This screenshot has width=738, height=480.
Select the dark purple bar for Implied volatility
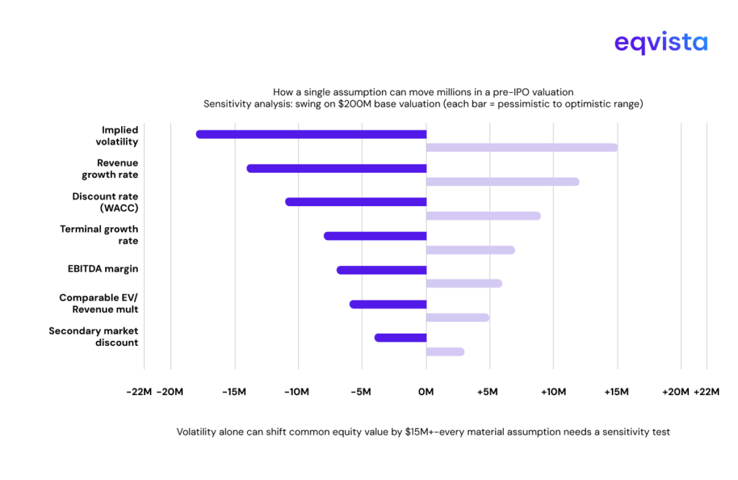click(311, 134)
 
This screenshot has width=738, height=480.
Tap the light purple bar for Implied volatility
click(522, 148)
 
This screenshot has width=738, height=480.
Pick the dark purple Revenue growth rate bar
click(337, 168)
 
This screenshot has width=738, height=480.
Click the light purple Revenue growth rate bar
click(502, 182)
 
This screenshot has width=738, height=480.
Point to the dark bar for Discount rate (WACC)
click(356, 202)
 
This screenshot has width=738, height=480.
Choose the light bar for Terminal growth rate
click(471, 250)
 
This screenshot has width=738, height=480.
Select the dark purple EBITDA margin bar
click(381, 270)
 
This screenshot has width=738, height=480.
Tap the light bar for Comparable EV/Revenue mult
click(458, 318)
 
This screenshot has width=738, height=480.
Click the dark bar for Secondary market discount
click(401, 337)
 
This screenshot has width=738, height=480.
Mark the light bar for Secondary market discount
click(445, 352)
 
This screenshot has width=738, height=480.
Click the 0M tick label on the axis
click(426, 392)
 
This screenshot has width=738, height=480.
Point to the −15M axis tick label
click(234, 392)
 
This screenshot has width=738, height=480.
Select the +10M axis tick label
click(553, 392)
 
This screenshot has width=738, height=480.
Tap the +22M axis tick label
click(706, 392)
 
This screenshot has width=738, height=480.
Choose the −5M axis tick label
click(360, 392)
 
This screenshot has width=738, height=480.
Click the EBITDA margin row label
click(103, 269)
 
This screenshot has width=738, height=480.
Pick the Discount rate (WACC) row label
click(105, 202)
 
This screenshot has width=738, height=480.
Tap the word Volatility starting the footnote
click(197, 432)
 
